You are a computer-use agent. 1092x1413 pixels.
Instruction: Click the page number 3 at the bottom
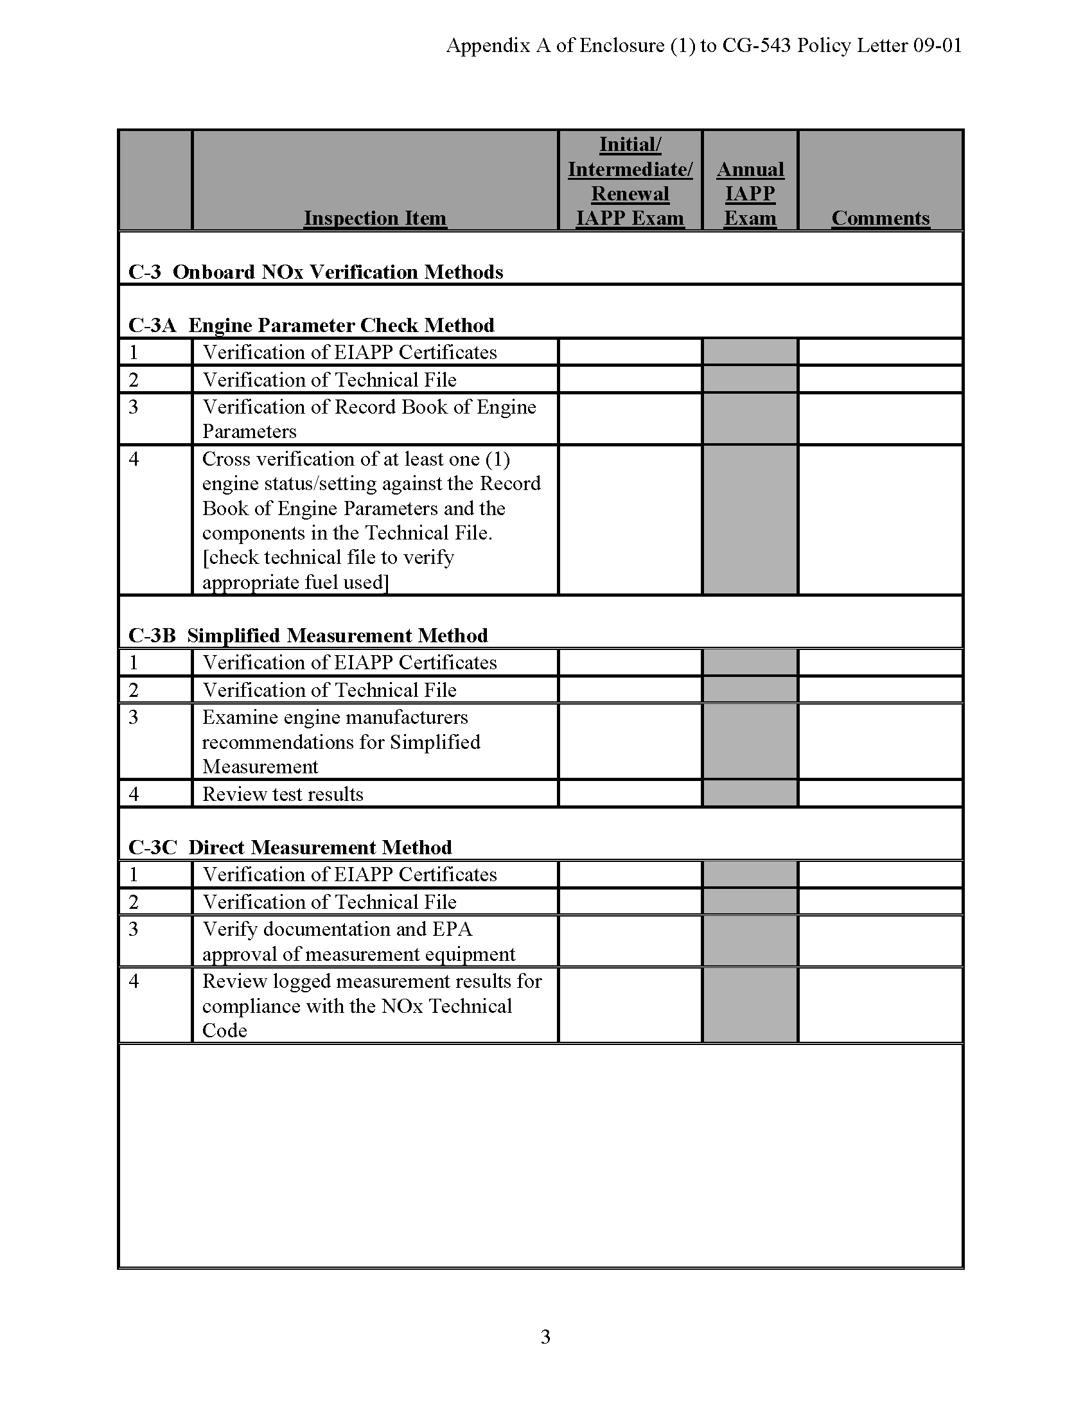[x=545, y=1337]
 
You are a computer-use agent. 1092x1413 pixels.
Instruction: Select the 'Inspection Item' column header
[x=374, y=218]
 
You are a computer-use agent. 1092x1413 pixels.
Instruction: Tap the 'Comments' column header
[x=880, y=218]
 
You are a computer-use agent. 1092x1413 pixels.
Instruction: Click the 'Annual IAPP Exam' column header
[x=750, y=193]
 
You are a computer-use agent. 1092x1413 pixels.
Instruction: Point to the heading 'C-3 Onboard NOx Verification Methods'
[x=315, y=272]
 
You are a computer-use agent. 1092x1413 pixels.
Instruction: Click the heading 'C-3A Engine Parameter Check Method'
[x=311, y=325]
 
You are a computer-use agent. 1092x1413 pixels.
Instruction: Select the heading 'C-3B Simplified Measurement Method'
[x=308, y=635]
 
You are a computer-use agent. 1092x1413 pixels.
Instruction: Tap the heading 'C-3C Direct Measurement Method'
[x=290, y=848]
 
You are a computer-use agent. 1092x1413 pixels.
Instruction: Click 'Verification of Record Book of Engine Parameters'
[x=369, y=419]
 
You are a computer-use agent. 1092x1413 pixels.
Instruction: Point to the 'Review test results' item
[x=283, y=794]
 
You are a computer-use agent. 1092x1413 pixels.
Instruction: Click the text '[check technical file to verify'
[x=328, y=557]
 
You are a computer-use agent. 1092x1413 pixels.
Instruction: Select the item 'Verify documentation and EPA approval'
[x=358, y=942]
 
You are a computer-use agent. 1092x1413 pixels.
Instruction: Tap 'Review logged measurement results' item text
[x=371, y=981]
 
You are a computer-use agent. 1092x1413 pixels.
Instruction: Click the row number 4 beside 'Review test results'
[x=134, y=794]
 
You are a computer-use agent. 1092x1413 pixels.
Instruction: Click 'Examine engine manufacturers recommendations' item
[x=341, y=741]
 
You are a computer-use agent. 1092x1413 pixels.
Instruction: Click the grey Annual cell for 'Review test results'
[x=750, y=794]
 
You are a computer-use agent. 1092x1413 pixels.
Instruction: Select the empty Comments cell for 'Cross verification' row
[x=880, y=520]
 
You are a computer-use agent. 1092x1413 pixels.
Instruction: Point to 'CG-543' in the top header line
[x=756, y=46]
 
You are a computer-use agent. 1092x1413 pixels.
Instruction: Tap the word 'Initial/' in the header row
[x=630, y=145]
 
